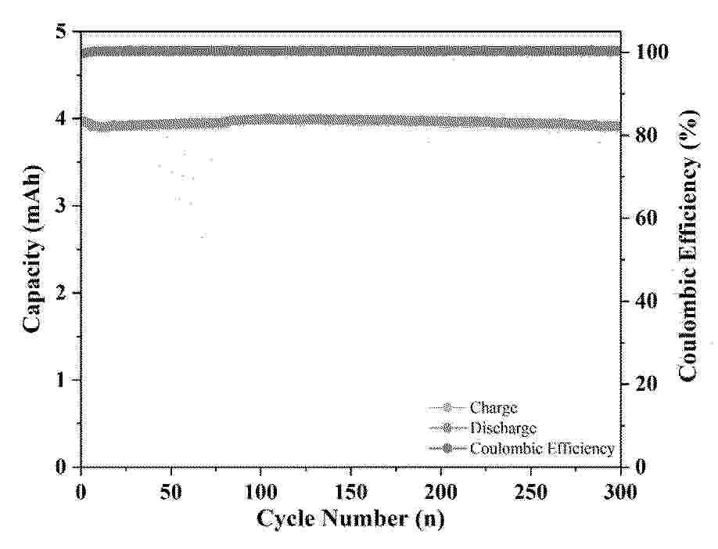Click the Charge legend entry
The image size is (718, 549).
[493, 407]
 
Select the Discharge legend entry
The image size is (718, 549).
[503, 428]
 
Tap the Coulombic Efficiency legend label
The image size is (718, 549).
[542, 449]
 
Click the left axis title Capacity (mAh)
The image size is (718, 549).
[32, 250]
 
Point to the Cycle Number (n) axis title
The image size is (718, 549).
[351, 519]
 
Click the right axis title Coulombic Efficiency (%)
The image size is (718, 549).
[688, 250]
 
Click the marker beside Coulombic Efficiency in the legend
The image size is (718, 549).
[447, 449]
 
